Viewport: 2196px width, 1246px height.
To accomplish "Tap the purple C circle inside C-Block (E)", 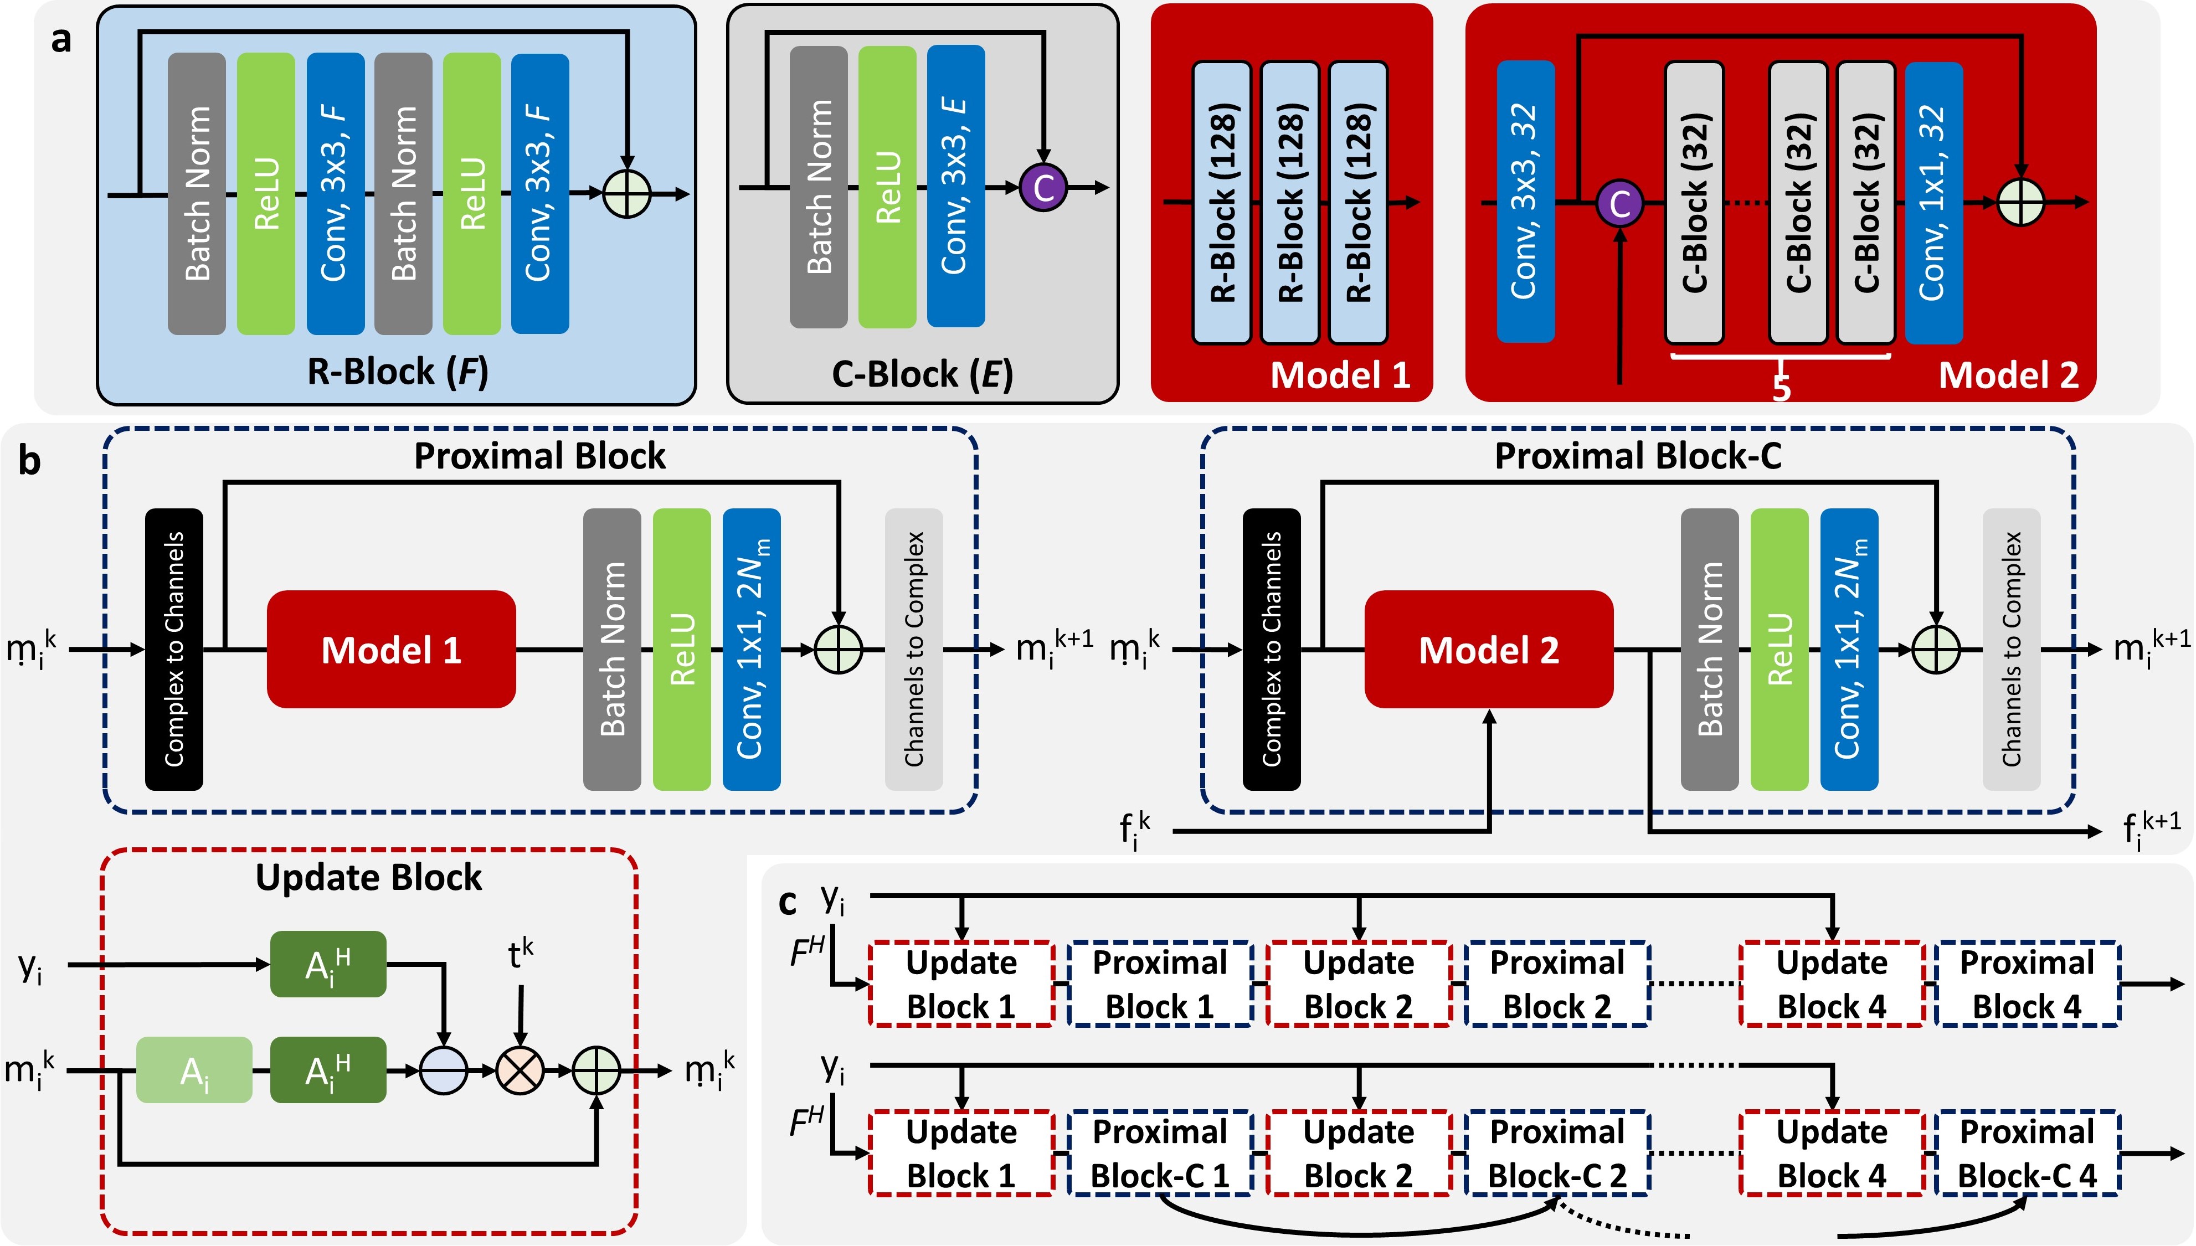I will pos(1043,187).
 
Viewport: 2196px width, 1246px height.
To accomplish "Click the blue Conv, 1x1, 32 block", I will pos(1933,203).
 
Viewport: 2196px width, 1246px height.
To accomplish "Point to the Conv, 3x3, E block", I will pos(955,187).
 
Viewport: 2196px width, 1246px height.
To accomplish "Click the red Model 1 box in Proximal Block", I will pos(391,650).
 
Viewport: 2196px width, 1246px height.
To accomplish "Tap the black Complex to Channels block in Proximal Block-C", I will pos(1271,650).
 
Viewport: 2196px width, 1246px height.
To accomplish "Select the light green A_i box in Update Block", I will pos(194,1070).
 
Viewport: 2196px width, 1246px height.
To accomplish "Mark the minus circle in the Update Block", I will pos(443,1070).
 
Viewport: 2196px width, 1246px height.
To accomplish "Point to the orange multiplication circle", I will pos(520,1070).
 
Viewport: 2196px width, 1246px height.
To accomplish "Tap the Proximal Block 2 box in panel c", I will pos(1557,984).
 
